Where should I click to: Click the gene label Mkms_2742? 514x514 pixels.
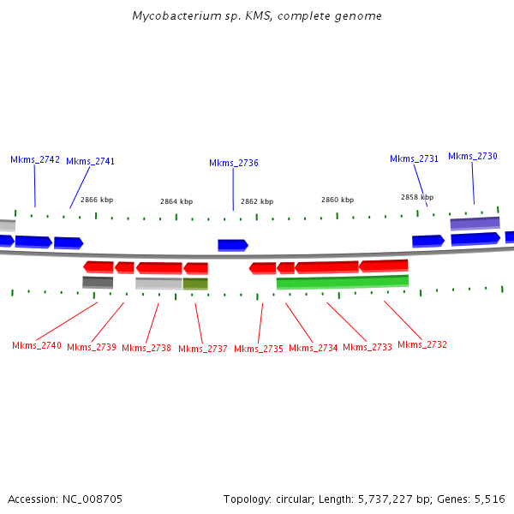(x=35, y=159)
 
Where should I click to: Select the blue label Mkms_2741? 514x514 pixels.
(x=90, y=161)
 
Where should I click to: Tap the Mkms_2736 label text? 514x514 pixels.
(x=233, y=163)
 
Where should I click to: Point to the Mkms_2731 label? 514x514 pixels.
(x=414, y=158)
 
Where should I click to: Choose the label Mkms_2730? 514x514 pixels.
(x=472, y=156)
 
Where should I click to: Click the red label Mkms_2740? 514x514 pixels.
(x=37, y=345)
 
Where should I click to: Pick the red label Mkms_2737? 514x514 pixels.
(x=203, y=349)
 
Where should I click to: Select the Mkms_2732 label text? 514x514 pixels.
(x=422, y=344)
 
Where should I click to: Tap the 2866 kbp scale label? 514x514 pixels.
(x=97, y=200)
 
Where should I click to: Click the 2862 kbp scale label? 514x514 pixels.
(x=257, y=201)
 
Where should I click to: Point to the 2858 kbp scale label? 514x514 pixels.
(x=417, y=197)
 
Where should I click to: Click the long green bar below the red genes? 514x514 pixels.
(x=343, y=282)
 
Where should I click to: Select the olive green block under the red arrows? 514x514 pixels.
(x=195, y=284)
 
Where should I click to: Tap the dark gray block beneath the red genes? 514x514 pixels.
(x=98, y=282)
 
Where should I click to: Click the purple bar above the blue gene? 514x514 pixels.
(x=475, y=223)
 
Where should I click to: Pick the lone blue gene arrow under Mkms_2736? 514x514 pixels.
(x=232, y=245)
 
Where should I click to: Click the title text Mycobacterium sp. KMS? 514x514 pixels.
(x=257, y=16)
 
